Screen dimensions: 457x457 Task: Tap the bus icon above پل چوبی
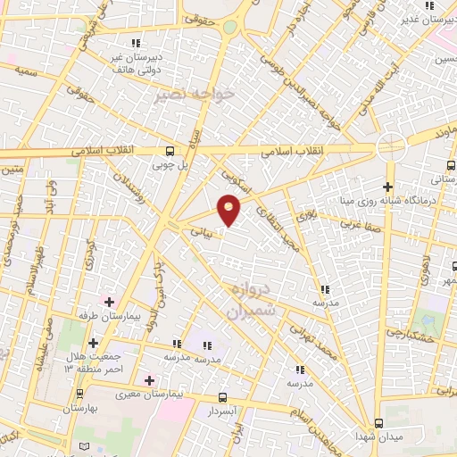point(170,151)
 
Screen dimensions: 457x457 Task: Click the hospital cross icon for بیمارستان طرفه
point(110,301)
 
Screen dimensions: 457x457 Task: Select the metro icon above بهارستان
point(80,393)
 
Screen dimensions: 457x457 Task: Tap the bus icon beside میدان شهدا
point(378,422)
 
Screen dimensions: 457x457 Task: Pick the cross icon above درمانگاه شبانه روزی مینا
point(387,187)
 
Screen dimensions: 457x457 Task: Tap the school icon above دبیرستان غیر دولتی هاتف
point(136,42)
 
